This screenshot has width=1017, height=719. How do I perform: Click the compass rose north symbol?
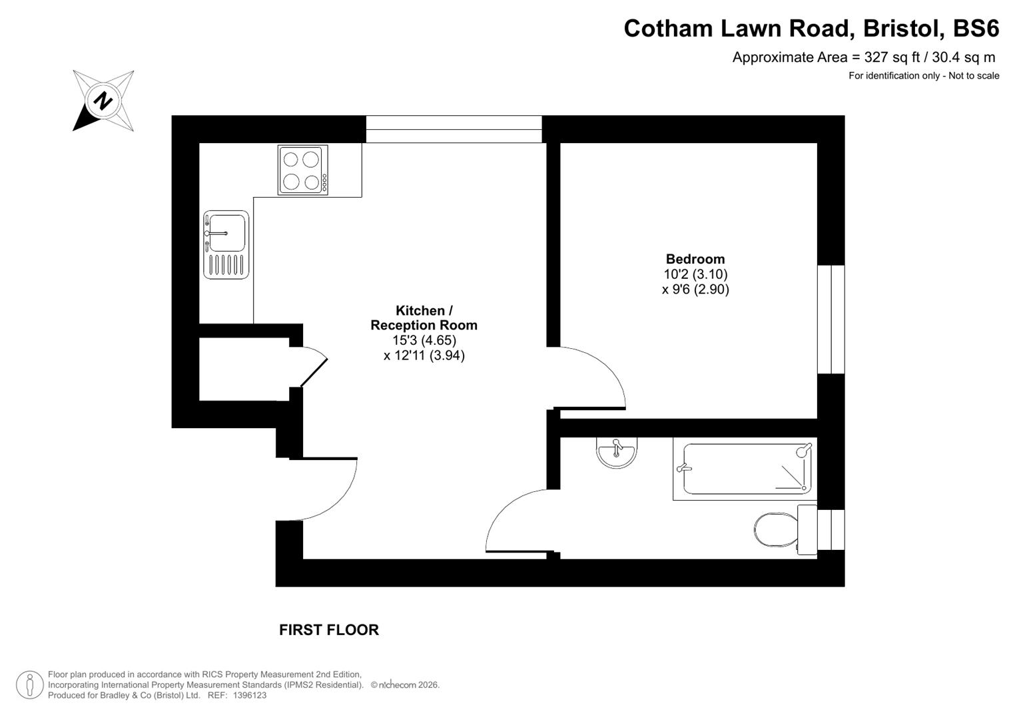[103, 101]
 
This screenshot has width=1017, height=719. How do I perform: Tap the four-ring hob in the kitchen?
[303, 170]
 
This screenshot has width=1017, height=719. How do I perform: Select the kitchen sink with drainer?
[226, 244]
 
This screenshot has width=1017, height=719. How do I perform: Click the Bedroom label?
[695, 259]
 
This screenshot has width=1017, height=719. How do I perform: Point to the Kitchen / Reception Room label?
[424, 318]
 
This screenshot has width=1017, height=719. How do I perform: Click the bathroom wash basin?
[617, 452]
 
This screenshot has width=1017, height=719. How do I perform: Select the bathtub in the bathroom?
[745, 469]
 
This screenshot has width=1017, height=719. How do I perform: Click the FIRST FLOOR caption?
[329, 630]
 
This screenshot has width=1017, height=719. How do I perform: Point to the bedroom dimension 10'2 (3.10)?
[695, 274]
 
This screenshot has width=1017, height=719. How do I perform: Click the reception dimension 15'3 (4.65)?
[424, 340]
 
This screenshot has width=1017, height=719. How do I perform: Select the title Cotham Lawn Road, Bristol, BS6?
[811, 29]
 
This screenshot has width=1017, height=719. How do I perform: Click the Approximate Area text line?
[864, 57]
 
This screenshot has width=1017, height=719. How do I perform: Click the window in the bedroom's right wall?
[831, 320]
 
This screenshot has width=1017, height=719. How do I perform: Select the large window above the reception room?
[454, 128]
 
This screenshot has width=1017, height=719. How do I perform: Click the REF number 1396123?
[246, 695]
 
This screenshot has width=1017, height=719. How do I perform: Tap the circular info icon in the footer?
[29, 684]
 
